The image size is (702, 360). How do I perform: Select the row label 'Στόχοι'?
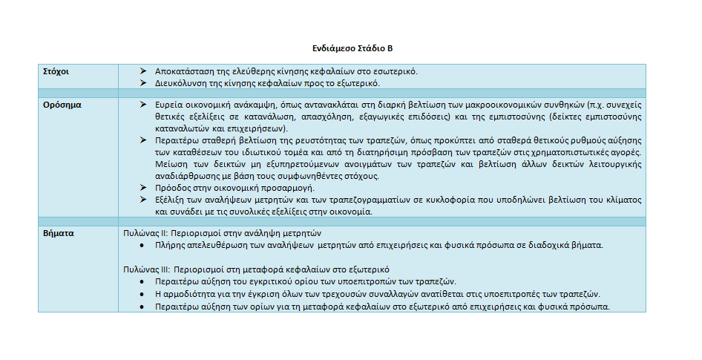[56, 71]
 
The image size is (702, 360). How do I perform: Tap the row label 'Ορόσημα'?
[62, 105]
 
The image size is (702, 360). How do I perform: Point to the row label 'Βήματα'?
[59, 232]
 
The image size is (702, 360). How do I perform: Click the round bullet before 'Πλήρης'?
[142, 244]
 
